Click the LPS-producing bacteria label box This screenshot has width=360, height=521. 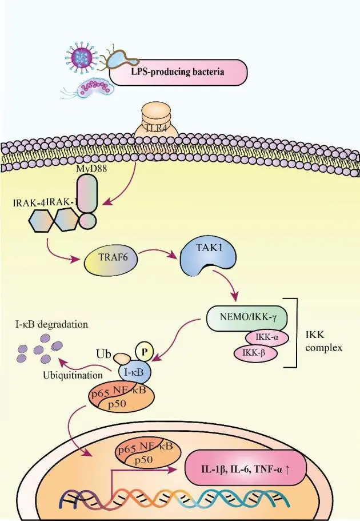coord(178,73)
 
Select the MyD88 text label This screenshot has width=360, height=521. coord(91,169)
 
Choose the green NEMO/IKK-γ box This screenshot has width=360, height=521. coord(247,319)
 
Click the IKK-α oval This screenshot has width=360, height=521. coord(267,338)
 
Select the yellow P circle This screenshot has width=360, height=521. coord(144,352)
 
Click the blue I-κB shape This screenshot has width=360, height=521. coord(135,372)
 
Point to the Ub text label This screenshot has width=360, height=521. coord(103,353)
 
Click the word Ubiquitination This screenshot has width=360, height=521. coord(73,375)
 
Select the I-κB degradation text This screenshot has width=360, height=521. coord(51,324)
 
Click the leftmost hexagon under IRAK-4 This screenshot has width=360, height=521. coord(41,221)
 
